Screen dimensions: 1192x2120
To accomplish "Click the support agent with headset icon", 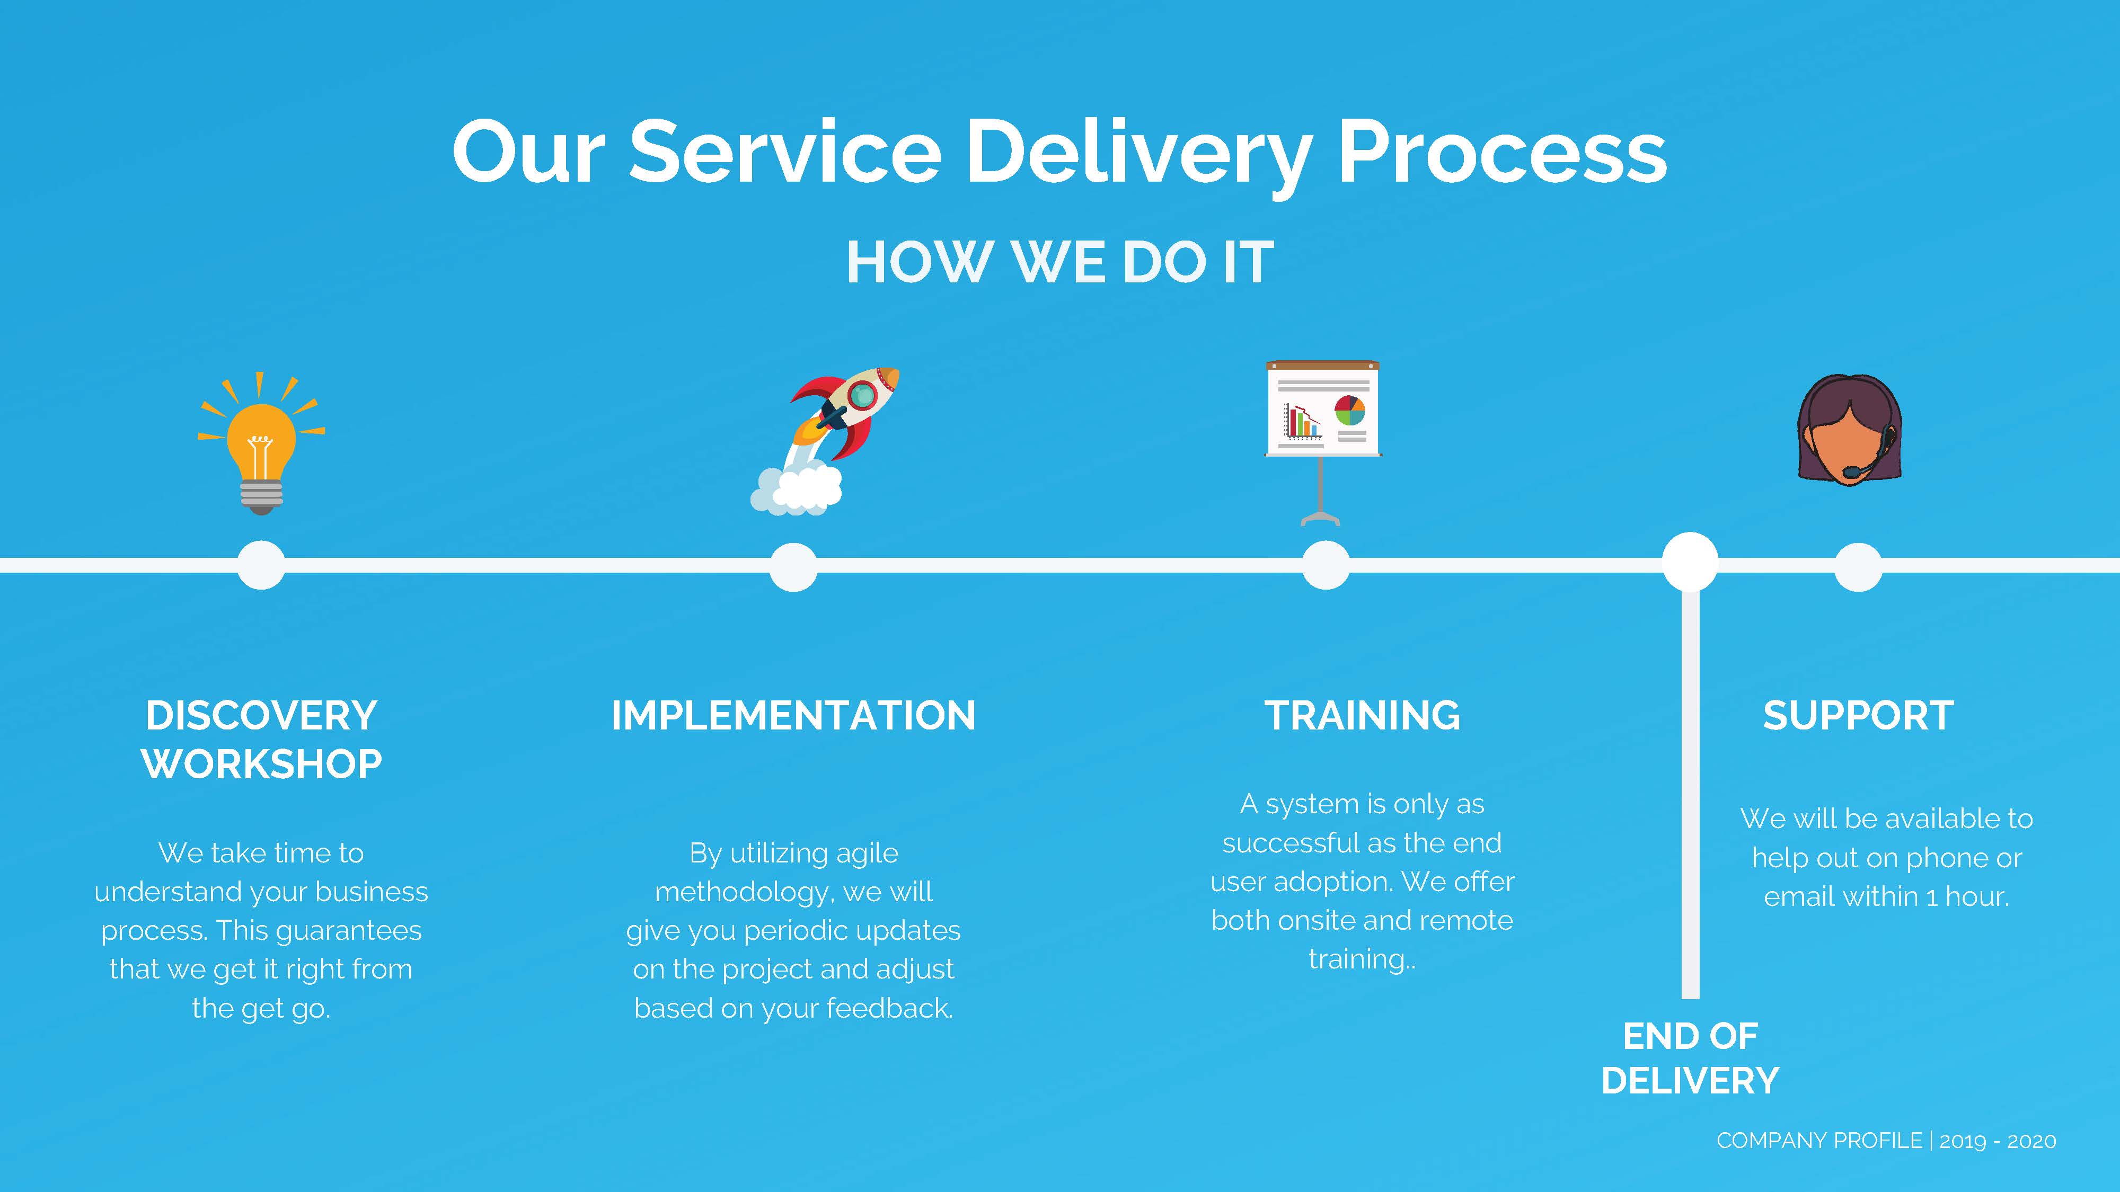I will click(1849, 430).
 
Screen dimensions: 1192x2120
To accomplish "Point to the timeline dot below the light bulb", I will click(261, 565).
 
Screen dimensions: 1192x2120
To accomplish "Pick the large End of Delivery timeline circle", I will click(1690, 562).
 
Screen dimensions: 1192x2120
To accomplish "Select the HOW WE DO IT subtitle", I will click(1060, 263).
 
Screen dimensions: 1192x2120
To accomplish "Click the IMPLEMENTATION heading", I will click(793, 716).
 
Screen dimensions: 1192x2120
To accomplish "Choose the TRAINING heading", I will click(1362, 716).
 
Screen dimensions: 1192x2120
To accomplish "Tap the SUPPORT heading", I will click(1858, 716).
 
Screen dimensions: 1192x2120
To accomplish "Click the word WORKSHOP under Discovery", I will click(262, 764).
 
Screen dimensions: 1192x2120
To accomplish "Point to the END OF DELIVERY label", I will click(1690, 1058).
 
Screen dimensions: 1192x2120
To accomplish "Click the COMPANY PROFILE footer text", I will click(1819, 1141).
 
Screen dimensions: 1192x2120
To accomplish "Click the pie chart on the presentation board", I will click(1350, 410).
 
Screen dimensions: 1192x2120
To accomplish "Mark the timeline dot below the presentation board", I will click(1326, 565).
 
